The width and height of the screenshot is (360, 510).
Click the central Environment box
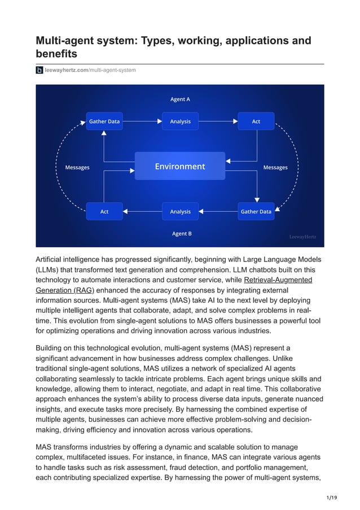coord(180,167)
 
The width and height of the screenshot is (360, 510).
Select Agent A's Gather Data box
coord(104,121)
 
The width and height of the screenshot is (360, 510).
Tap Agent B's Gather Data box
coord(256,212)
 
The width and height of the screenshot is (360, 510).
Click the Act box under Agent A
coord(256,121)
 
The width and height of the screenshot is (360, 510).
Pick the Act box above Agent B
coord(104,212)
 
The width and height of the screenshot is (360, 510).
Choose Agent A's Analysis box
coord(180,121)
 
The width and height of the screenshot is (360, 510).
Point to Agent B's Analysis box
coord(180,212)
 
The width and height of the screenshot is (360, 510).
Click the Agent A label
coord(180,99)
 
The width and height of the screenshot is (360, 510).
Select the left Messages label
coord(77,167)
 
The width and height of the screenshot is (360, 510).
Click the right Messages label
coord(275,167)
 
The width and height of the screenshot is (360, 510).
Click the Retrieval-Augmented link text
coord(278,280)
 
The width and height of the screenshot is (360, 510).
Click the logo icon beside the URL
coord(39,70)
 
